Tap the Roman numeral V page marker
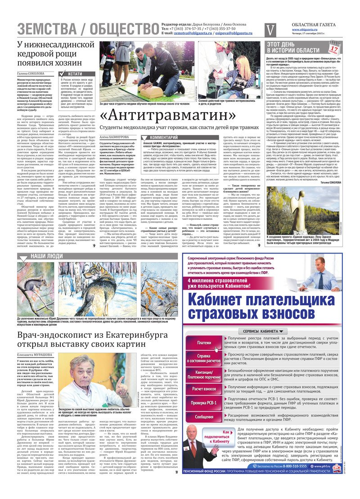(270, 29)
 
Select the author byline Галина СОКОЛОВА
(31, 73)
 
